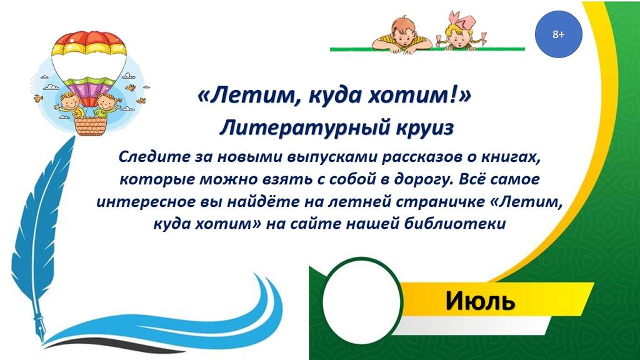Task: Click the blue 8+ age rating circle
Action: [558, 34]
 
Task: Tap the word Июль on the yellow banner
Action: [479, 301]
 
